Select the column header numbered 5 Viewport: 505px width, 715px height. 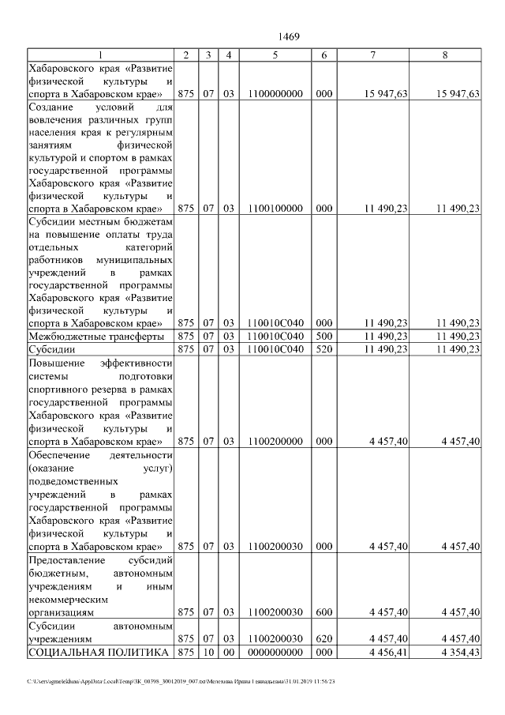tap(275, 55)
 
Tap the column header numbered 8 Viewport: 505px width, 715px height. tap(446, 55)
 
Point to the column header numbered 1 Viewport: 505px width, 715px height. tap(100, 55)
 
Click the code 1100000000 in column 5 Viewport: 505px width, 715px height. tap(275, 94)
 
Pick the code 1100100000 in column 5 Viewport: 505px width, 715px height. tap(275, 209)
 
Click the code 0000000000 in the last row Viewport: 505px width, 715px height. tap(275, 652)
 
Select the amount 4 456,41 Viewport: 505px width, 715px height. tap(386, 652)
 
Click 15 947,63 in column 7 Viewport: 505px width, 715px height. tap(385, 94)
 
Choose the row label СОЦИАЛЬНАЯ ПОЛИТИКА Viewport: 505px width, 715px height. tap(99, 652)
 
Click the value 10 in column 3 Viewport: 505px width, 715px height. tap(208, 652)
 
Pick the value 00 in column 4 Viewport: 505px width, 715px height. tap(229, 652)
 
